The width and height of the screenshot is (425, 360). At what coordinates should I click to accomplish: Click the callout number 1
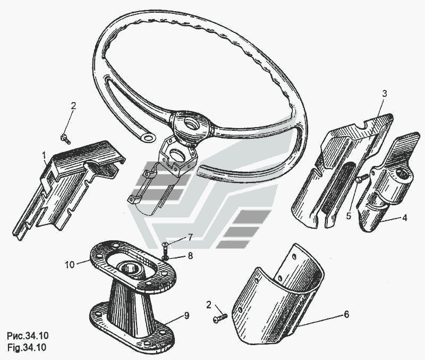[x=44, y=155]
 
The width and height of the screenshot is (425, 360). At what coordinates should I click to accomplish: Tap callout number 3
[x=385, y=94]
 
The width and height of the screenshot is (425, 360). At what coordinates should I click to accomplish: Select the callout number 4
[x=404, y=217]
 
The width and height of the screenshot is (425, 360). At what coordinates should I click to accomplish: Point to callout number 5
[x=348, y=216]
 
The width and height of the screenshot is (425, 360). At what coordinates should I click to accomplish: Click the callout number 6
[x=346, y=314]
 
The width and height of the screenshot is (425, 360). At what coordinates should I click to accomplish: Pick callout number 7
[x=190, y=237]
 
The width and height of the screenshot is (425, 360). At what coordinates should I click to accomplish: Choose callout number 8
[x=190, y=255]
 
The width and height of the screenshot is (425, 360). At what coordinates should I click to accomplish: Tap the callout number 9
[x=186, y=315]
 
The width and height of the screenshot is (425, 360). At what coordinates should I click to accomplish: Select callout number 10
[x=70, y=264]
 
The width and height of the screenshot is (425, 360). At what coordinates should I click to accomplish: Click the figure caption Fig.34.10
[x=27, y=348]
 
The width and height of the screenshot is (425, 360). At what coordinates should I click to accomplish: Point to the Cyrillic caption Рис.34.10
[x=28, y=336]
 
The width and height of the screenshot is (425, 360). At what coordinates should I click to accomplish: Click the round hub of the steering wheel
[x=192, y=125]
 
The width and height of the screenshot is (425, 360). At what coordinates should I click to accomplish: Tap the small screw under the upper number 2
[x=65, y=139]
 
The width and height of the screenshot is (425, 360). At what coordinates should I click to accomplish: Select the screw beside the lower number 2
[x=220, y=318]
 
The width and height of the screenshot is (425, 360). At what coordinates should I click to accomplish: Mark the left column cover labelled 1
[x=68, y=187]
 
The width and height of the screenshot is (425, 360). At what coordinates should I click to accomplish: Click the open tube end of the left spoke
[x=148, y=138]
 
